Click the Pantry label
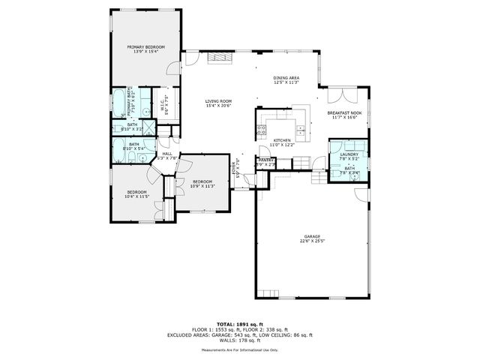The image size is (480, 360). [x=265, y=160]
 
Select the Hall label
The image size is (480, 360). [x=167, y=155]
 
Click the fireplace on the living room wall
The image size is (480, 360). [x=217, y=57]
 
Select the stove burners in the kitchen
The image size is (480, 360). [x=261, y=130]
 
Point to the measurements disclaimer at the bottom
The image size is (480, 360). [x=240, y=349]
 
